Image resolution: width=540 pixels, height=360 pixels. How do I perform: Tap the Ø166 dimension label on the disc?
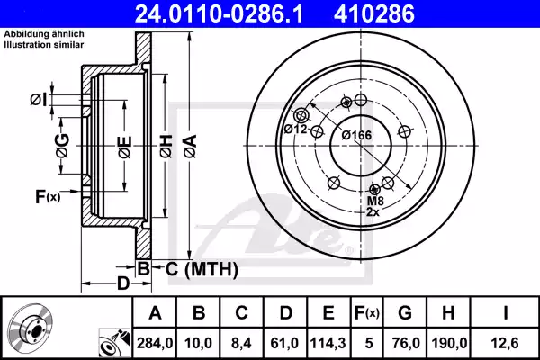[x=357, y=135]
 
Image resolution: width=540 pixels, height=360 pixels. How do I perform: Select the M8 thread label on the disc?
[x=375, y=202]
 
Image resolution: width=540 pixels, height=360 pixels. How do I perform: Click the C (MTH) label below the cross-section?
[x=199, y=267]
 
